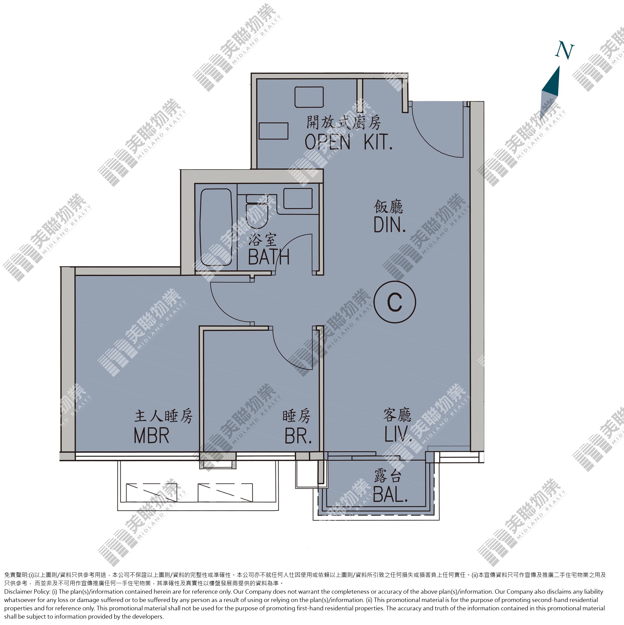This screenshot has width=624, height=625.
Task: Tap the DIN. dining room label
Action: click(390, 225)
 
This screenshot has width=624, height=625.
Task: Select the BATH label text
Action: click(268, 257)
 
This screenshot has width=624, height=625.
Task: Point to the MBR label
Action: click(152, 436)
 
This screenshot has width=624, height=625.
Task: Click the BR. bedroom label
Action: click(298, 436)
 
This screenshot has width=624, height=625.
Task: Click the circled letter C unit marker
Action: click(395, 302)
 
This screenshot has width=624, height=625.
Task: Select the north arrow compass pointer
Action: click(550, 92)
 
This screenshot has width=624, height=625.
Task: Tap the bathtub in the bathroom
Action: click(216, 227)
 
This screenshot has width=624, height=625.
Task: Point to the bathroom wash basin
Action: click(298, 198)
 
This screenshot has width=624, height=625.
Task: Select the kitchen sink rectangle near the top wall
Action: click(309, 97)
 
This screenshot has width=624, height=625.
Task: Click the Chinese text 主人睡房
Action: click(163, 416)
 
